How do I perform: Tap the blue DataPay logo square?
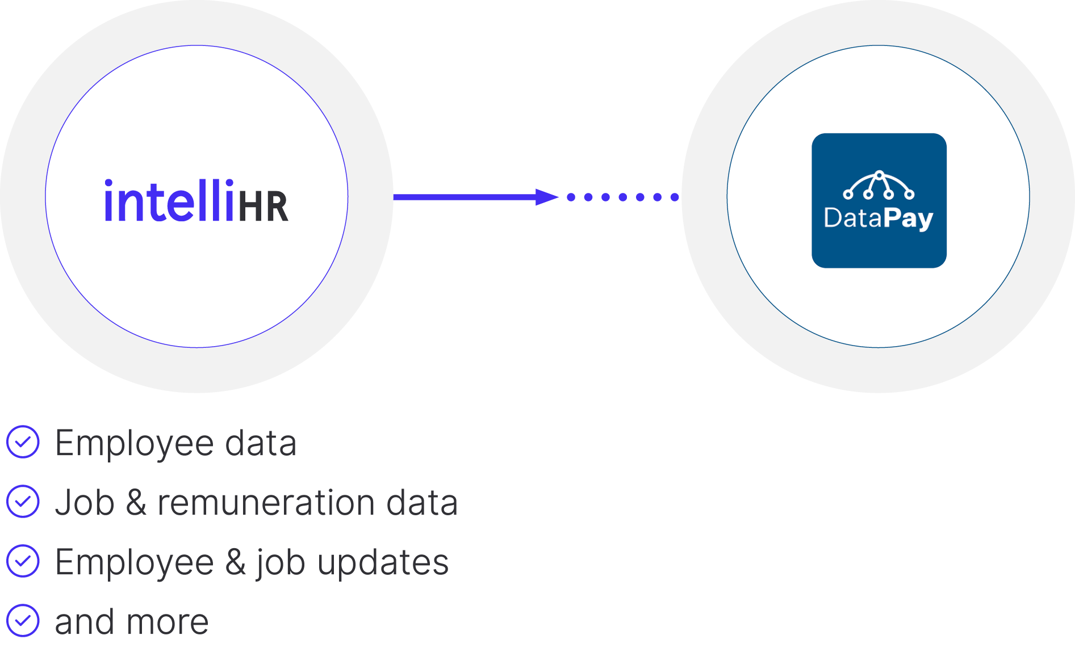point(879,200)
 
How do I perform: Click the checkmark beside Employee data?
point(23,441)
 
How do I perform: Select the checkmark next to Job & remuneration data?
point(23,501)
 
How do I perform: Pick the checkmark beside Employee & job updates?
point(23,561)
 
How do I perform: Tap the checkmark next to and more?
point(23,620)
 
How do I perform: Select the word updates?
point(383,563)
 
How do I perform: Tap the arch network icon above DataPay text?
point(879,185)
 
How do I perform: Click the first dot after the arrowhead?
point(571,197)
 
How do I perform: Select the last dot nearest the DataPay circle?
point(675,197)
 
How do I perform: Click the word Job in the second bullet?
point(85,503)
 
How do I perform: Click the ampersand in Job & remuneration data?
point(136,503)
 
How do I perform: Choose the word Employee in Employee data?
point(134,443)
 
